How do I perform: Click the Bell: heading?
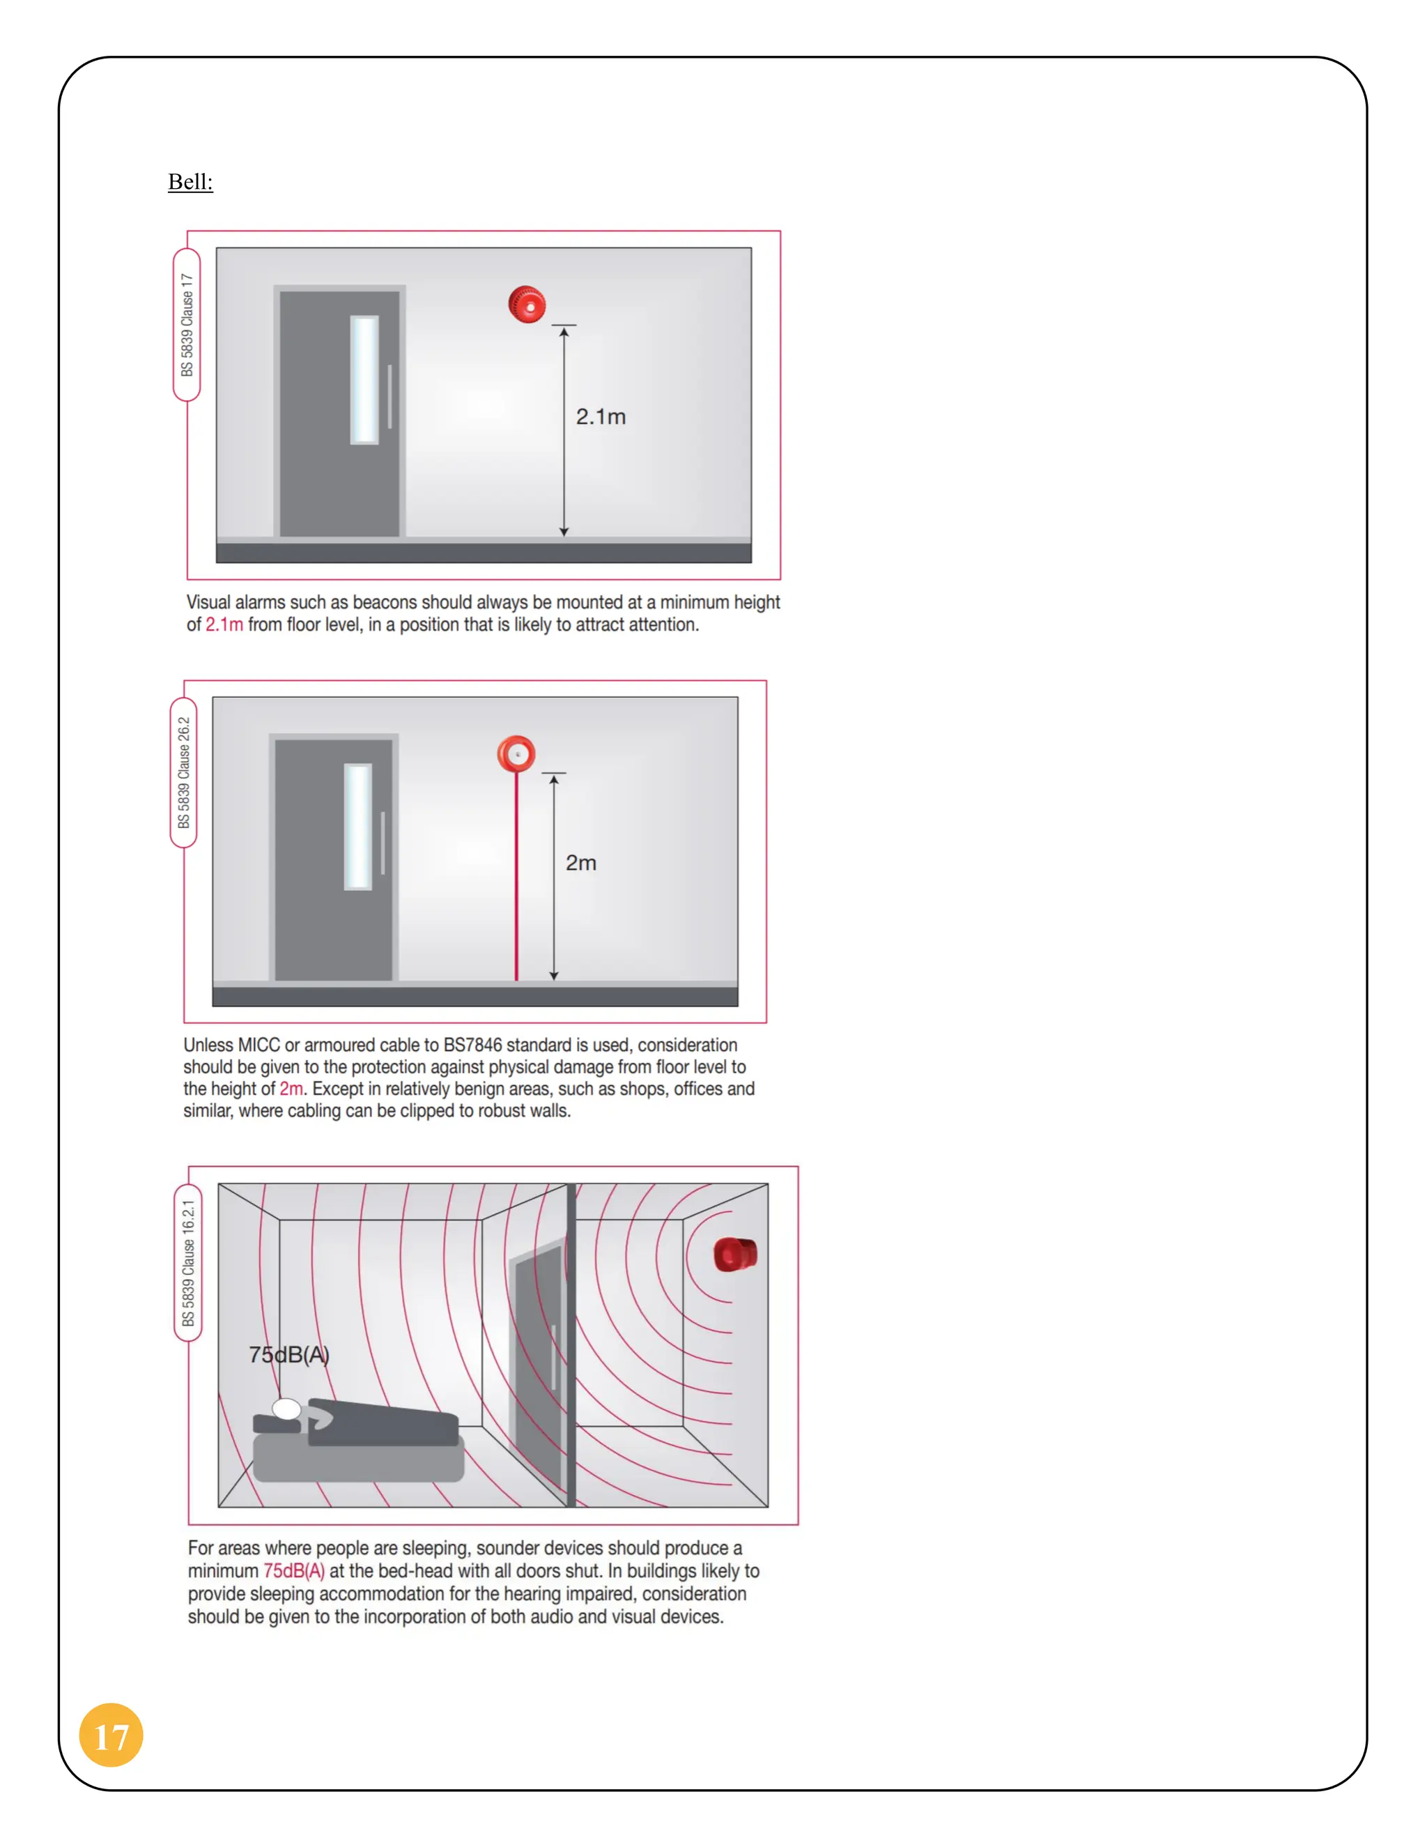[190, 182]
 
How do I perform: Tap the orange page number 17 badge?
[111, 1735]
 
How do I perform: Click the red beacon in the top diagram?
[526, 305]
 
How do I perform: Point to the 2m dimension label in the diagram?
[581, 863]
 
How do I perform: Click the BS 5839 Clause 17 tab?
[187, 325]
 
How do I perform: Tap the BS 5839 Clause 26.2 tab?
[183, 772]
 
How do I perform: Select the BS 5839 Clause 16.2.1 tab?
[187, 1263]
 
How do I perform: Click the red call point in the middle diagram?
[516, 753]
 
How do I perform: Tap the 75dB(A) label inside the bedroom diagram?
[288, 1355]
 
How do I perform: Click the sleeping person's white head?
[286, 1409]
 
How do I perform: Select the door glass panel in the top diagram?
[364, 379]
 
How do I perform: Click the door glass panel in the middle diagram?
[357, 826]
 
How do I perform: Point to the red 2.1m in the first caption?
[224, 625]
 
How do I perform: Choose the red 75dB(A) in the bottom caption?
[293, 1571]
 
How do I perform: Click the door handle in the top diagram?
[389, 396]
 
